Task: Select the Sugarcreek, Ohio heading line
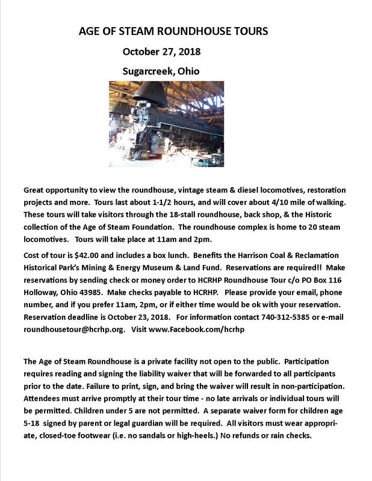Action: pyautogui.click(x=161, y=71)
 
